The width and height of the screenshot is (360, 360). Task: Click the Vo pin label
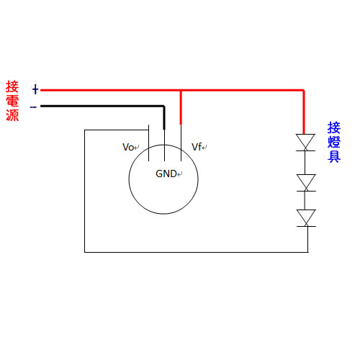point(128,147)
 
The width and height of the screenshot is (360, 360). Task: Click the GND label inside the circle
point(166,174)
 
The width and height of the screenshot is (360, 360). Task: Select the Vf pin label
point(197,147)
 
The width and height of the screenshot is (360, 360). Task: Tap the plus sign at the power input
point(35,89)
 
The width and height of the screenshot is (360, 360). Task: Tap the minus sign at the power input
point(33,107)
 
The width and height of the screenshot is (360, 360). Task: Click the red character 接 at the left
point(12,86)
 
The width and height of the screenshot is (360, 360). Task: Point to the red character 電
point(12,101)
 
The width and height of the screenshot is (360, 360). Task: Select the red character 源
point(12,115)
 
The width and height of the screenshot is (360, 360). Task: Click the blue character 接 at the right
point(334,127)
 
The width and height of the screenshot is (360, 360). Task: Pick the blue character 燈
point(334,142)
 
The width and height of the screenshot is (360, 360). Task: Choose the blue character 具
point(334,156)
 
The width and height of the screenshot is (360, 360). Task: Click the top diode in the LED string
point(305,143)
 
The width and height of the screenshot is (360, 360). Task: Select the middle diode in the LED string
point(306,183)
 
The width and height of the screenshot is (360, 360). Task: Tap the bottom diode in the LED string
point(306,218)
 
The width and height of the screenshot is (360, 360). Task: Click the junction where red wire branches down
point(181,91)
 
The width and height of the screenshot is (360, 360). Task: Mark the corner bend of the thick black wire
point(164,106)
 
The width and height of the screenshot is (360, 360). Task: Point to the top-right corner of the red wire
point(304,91)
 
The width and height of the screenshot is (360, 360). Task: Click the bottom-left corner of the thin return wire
point(85,252)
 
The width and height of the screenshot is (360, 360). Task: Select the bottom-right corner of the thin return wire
point(308,252)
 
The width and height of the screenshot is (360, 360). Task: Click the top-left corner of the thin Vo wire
point(85,130)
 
